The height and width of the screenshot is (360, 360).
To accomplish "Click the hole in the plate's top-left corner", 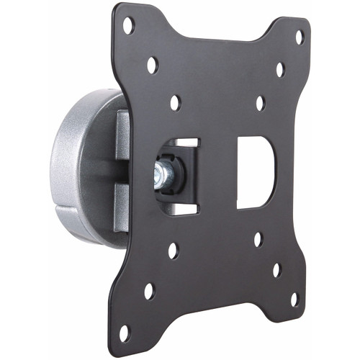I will point(128,26).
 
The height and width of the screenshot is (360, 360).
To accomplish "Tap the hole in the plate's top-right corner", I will point(300,37).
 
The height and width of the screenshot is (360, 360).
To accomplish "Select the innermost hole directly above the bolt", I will point(175,103).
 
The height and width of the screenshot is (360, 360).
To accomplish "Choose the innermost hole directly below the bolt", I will point(173,251).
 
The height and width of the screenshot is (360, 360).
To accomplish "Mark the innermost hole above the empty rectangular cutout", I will point(259,103).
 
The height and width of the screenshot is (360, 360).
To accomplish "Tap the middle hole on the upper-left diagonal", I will point(152,66).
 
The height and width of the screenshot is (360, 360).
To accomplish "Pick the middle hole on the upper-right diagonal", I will point(279,70).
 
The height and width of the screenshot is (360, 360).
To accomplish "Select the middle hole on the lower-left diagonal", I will point(149,291).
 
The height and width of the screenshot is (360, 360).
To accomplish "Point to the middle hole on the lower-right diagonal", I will point(276,270).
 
